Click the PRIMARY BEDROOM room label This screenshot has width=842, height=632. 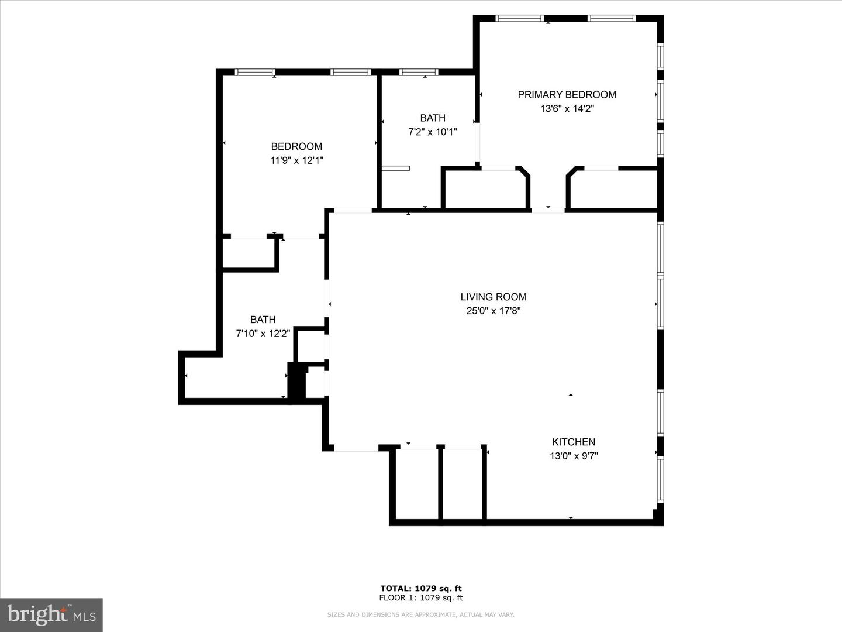coord(567,95)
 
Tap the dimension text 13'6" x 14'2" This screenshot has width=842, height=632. coord(567,109)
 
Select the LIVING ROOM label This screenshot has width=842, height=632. coord(493,297)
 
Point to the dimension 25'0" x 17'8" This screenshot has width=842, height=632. coord(493,311)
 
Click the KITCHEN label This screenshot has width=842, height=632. coord(573,442)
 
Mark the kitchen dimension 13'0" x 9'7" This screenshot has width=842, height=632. coord(573,456)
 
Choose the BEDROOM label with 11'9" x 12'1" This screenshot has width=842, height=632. coord(296,147)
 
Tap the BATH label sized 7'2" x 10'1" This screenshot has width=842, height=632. coord(432,118)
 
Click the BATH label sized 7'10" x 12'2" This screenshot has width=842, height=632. coord(263,320)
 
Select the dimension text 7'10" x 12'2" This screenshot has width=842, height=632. coord(263,334)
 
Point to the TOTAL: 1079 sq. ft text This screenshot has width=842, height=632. coord(420,589)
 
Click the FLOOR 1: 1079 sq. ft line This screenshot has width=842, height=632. coord(420,598)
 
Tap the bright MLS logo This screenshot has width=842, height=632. coord(51,615)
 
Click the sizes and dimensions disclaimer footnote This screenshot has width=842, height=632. coord(420,614)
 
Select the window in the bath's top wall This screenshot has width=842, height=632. coord(419,73)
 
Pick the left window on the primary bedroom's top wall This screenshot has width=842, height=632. coord(519,19)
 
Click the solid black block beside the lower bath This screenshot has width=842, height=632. coord(297,382)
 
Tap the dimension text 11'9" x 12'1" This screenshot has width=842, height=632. coord(296,160)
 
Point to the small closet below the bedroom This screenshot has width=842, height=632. coord(249,253)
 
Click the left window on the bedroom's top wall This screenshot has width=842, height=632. coord(255,73)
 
